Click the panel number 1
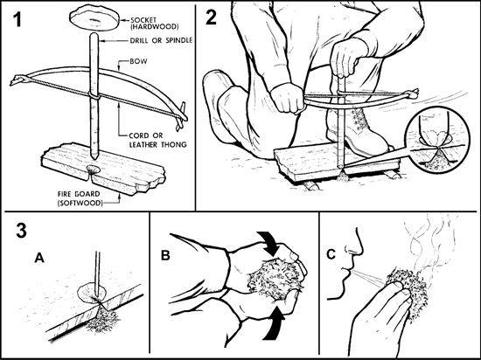tap(17, 19)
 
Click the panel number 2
tap(211, 17)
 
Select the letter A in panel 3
tap(39, 258)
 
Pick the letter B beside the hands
tap(165, 255)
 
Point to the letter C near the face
tap(331, 254)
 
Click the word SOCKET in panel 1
tap(143, 20)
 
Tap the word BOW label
tap(138, 61)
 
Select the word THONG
tap(175, 144)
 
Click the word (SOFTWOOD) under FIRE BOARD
tap(80, 203)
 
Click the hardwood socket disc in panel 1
tap(94, 18)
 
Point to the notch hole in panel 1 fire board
tap(93, 170)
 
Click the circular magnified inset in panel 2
tap(438, 138)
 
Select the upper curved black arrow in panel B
tap(269, 244)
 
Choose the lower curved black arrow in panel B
tap(273, 324)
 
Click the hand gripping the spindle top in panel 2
tap(346, 59)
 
